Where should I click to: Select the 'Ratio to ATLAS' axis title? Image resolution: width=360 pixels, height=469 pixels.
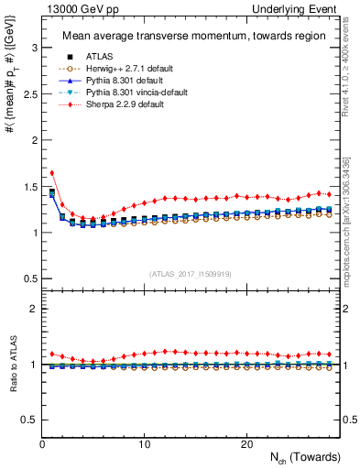[14, 364]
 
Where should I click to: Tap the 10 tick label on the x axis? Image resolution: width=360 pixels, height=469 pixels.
[144, 443]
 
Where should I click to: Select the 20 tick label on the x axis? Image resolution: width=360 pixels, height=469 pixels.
[245, 443]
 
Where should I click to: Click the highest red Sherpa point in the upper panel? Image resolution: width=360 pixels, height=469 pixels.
[52, 172]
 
